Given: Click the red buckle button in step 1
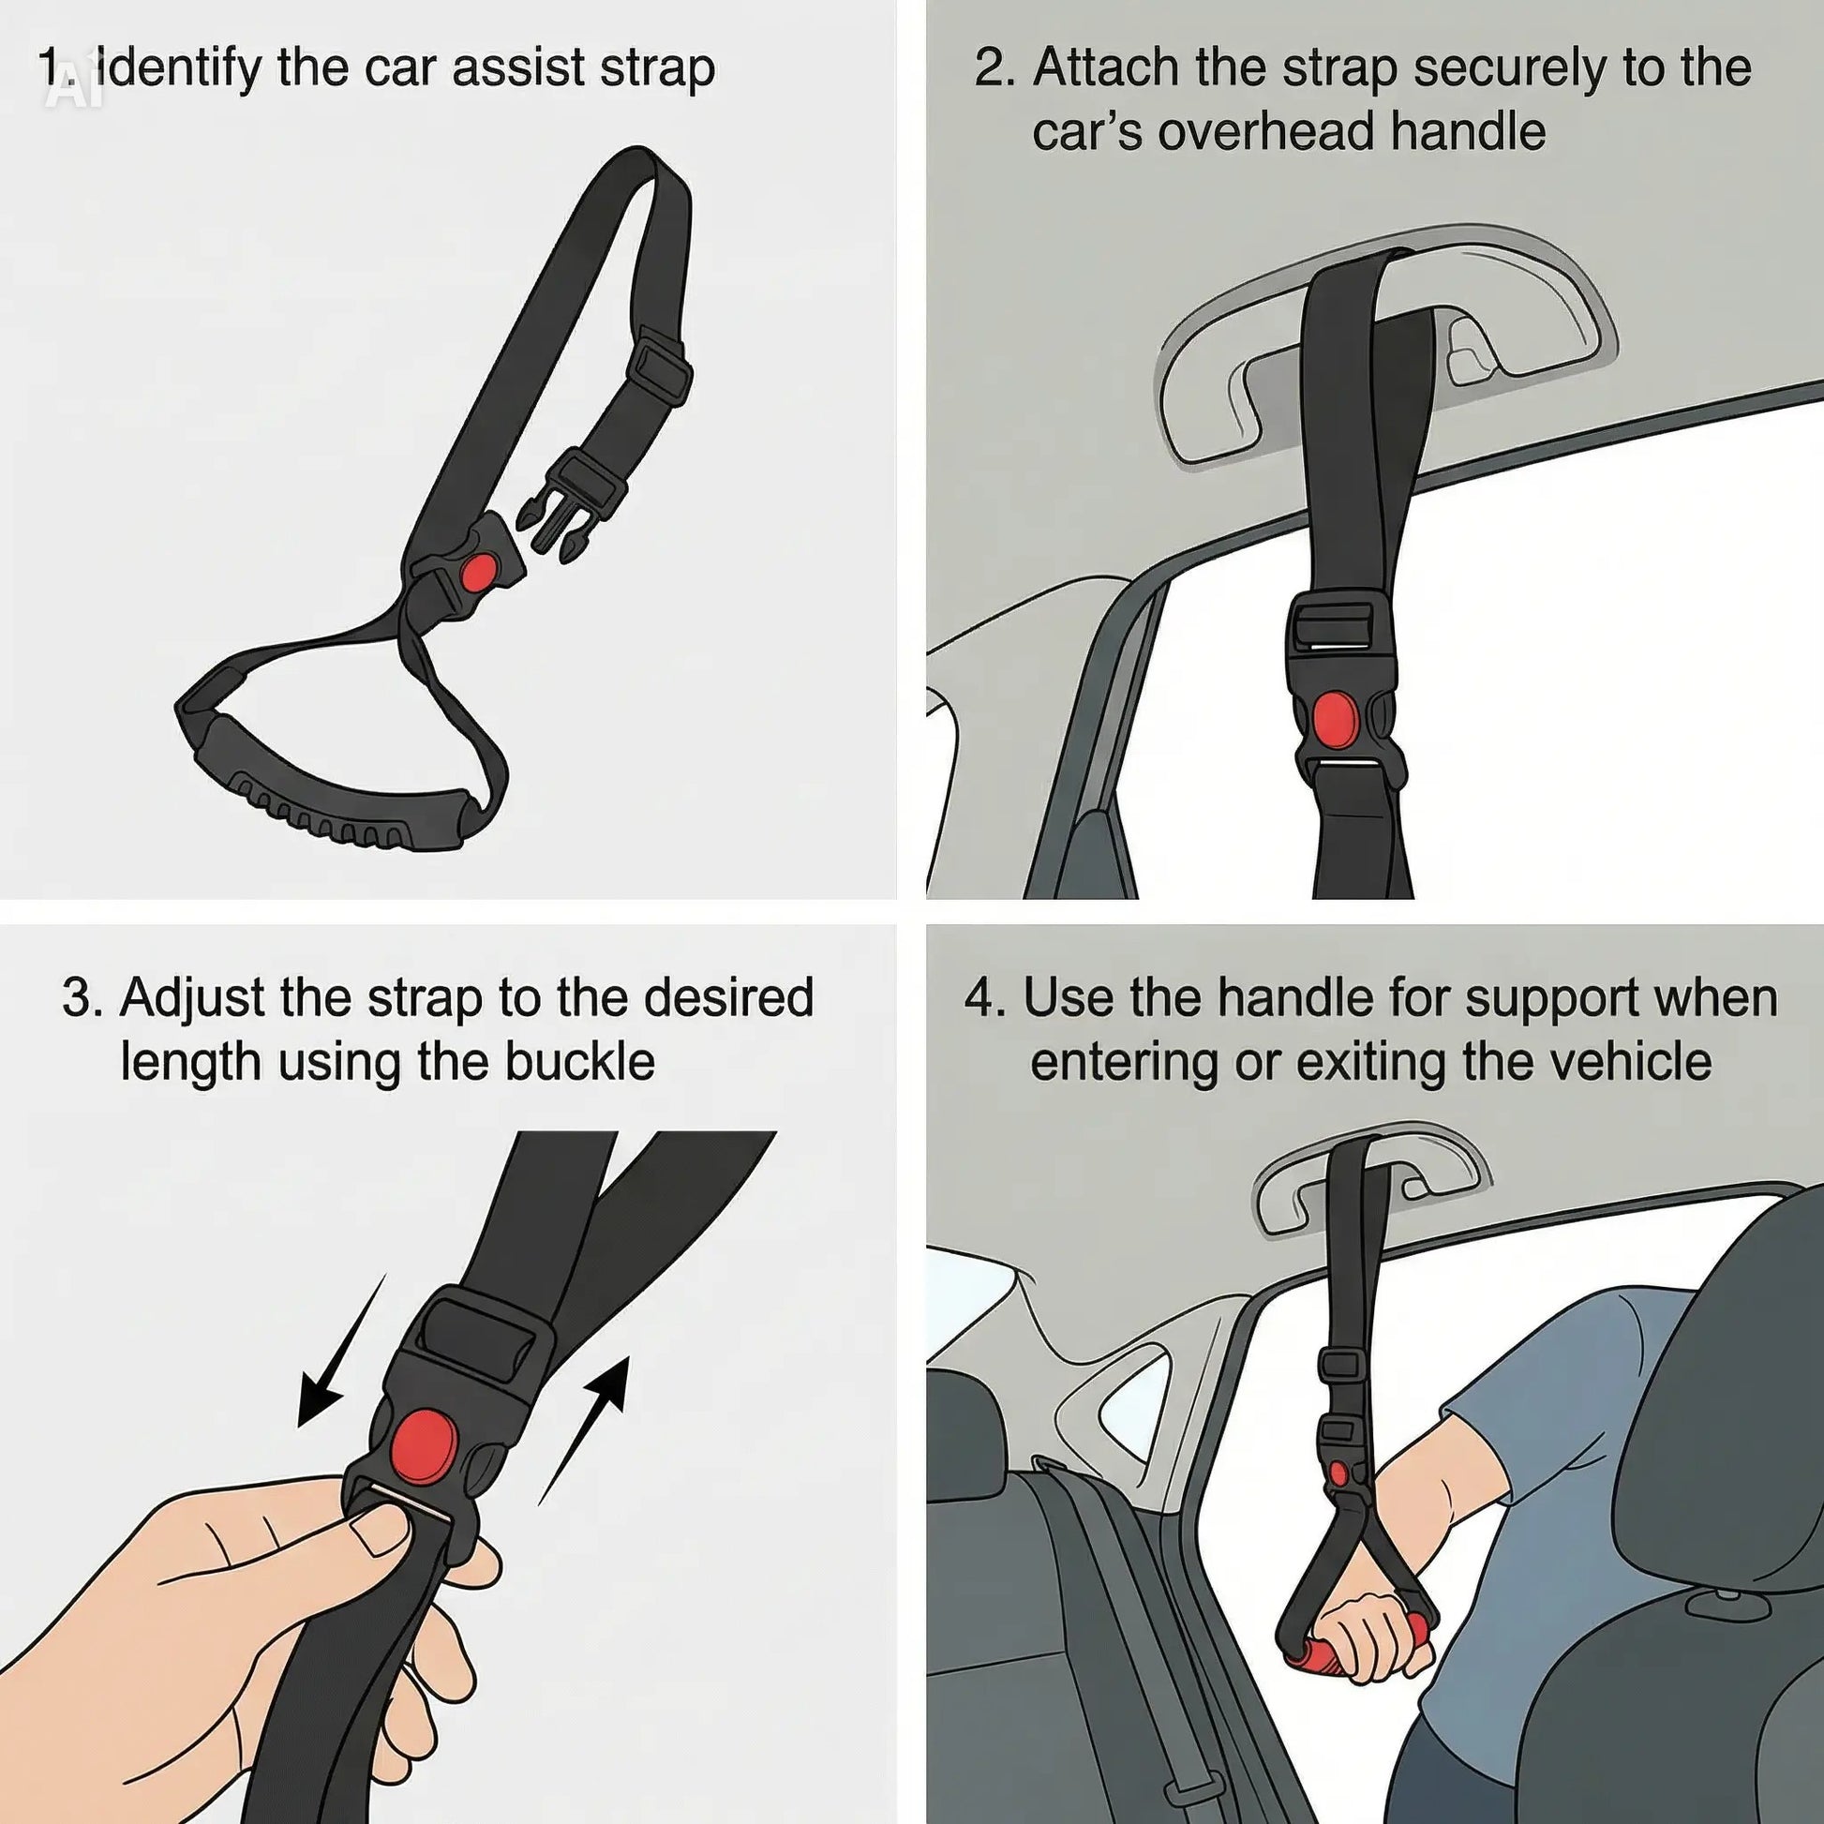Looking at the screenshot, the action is coord(480,571).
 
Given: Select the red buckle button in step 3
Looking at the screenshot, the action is coord(426,1447).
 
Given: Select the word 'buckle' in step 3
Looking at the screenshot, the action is coord(578,1061).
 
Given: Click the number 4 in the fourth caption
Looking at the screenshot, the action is coord(980,999).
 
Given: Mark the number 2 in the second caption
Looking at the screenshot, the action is coord(991,68).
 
